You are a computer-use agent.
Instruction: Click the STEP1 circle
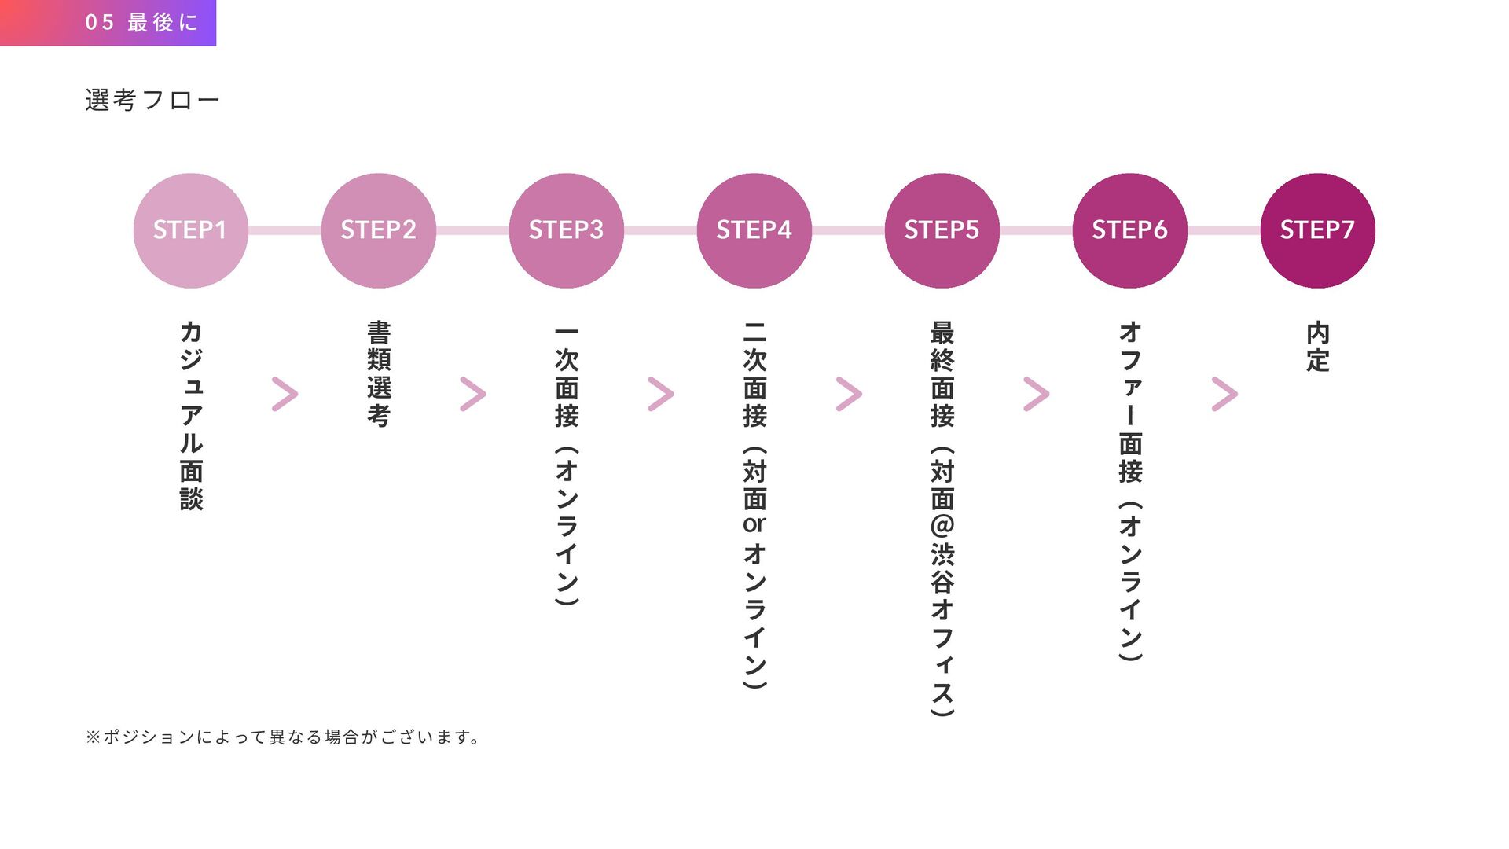point(190,230)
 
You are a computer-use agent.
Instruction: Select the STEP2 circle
point(378,230)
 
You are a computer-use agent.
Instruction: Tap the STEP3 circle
point(566,230)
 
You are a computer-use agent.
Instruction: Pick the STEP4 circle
point(754,230)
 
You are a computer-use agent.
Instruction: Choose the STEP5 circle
point(942,230)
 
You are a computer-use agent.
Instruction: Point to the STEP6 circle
point(1129,230)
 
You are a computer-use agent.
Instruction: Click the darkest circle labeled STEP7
point(1317,230)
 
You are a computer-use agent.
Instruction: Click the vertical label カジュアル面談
point(191,415)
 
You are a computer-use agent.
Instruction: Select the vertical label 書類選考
point(378,373)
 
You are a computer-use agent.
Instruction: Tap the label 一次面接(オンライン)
point(566,464)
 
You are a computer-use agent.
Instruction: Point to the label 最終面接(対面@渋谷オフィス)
point(942,519)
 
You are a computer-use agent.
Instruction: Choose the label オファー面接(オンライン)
point(1129,491)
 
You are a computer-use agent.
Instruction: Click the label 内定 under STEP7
point(1317,347)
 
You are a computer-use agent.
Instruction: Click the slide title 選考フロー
point(152,101)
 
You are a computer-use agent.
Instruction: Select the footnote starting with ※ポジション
point(283,737)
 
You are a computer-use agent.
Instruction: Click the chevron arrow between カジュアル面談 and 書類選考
point(285,394)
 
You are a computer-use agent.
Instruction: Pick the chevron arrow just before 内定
point(1224,394)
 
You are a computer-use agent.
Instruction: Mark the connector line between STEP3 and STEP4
point(660,230)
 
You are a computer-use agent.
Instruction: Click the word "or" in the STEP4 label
point(754,524)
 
